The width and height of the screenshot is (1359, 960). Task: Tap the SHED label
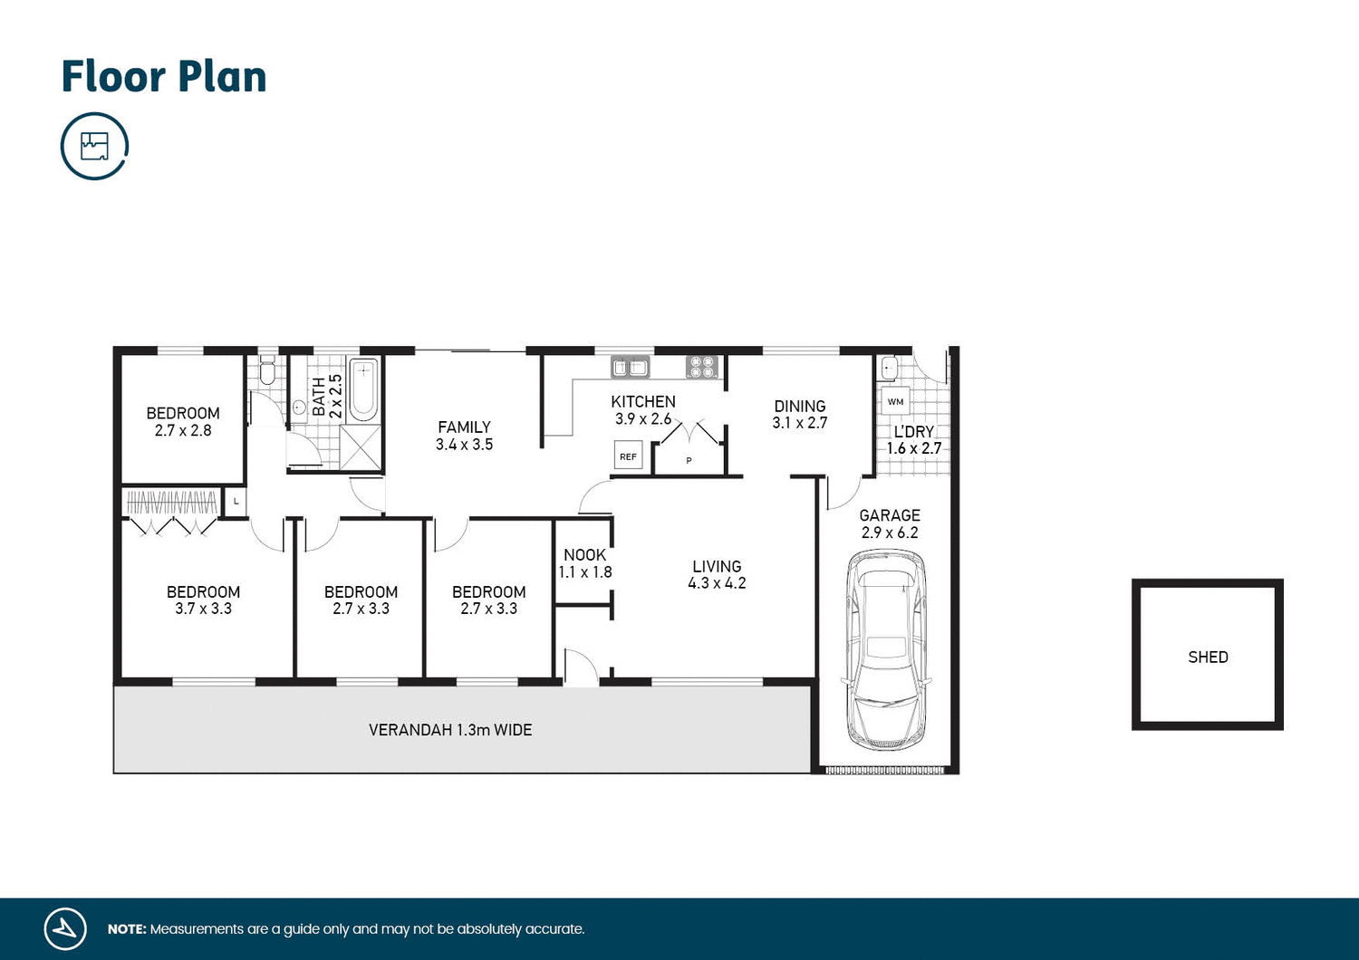click(1208, 658)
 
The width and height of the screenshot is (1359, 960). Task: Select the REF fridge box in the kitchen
click(628, 456)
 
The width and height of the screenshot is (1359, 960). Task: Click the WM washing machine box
click(895, 401)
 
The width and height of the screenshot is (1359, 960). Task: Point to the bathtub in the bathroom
click(363, 389)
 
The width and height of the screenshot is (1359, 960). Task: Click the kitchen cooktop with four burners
click(702, 367)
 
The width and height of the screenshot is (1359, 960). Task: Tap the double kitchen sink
click(631, 367)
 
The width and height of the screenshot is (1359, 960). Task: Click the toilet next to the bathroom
click(267, 371)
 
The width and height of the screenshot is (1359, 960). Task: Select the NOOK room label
click(584, 555)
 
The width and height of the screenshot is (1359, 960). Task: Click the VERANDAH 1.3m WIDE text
click(450, 730)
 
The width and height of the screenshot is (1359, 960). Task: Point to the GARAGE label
click(890, 515)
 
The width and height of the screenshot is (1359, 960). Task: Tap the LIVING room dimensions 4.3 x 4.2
click(717, 583)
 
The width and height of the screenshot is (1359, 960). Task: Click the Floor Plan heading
click(164, 77)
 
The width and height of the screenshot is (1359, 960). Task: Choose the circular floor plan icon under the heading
click(94, 146)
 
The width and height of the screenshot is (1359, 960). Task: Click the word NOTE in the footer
click(126, 929)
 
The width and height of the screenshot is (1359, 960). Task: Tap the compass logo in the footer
click(65, 928)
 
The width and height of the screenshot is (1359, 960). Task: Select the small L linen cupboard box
click(236, 501)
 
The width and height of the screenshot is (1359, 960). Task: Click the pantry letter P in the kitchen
click(689, 460)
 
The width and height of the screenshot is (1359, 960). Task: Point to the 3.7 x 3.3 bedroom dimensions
click(203, 609)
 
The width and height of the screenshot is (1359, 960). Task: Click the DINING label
click(799, 407)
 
